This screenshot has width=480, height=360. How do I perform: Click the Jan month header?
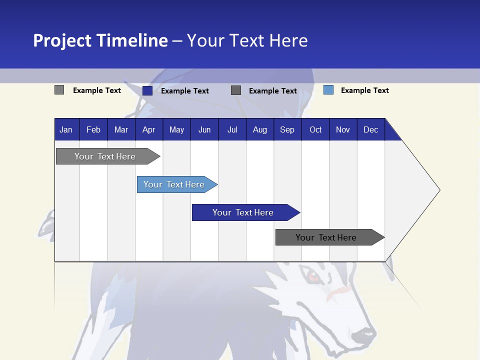66,129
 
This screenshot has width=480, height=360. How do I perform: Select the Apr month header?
148,129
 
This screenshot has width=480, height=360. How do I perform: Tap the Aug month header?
259,129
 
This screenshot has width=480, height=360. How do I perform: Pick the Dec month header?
370,129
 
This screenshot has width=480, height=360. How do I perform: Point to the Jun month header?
204,129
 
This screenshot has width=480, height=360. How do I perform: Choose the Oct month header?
315,129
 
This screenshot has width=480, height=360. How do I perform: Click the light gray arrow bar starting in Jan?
105,156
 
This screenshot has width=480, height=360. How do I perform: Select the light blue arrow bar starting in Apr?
174,184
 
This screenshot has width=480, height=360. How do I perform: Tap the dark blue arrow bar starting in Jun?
243,212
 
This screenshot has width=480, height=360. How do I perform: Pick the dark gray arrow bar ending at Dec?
326,237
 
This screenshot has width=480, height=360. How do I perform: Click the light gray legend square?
59,90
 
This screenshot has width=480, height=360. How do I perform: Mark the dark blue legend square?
147,90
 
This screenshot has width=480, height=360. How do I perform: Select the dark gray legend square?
235,90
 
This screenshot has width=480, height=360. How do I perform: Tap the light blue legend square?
328,90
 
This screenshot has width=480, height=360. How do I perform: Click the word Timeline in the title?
132,40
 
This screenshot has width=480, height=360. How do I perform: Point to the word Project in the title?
62,40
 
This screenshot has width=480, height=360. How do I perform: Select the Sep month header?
287,129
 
